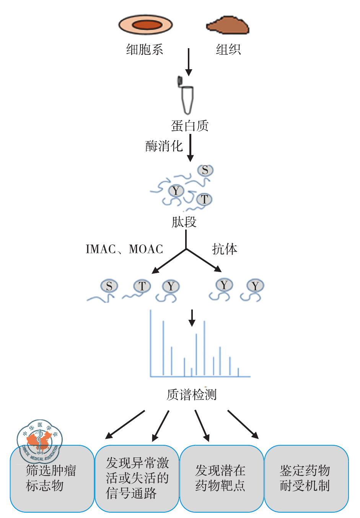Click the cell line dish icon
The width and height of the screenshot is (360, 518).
pyautogui.click(x=145, y=25)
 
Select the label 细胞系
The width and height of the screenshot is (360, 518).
pyautogui.click(x=145, y=49)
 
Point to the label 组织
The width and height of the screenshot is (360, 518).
pyautogui.click(x=228, y=49)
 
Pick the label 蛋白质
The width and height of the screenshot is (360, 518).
pyautogui.click(x=190, y=125)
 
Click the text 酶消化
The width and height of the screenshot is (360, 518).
pyautogui.click(x=164, y=146)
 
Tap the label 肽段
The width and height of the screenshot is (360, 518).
pyautogui.click(x=184, y=222)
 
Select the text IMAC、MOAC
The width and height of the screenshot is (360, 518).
pyautogui.click(x=124, y=249)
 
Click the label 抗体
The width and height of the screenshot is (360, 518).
pyautogui.click(x=225, y=249)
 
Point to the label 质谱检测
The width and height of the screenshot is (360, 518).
pyautogui.click(x=192, y=394)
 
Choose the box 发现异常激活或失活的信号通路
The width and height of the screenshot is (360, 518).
pyautogui.click(x=137, y=478)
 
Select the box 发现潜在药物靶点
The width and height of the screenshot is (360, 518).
pyautogui.click(x=222, y=478)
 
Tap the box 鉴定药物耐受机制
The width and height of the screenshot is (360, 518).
pyautogui.click(x=306, y=478)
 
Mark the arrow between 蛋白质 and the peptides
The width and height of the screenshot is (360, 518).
pyautogui.click(x=190, y=147)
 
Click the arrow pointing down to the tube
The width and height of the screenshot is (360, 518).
pyautogui.click(x=188, y=62)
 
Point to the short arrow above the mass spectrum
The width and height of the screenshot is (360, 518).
pyautogui.click(x=192, y=318)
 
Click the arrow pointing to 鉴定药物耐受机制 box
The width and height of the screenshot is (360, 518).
pyautogui.click(x=243, y=424)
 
